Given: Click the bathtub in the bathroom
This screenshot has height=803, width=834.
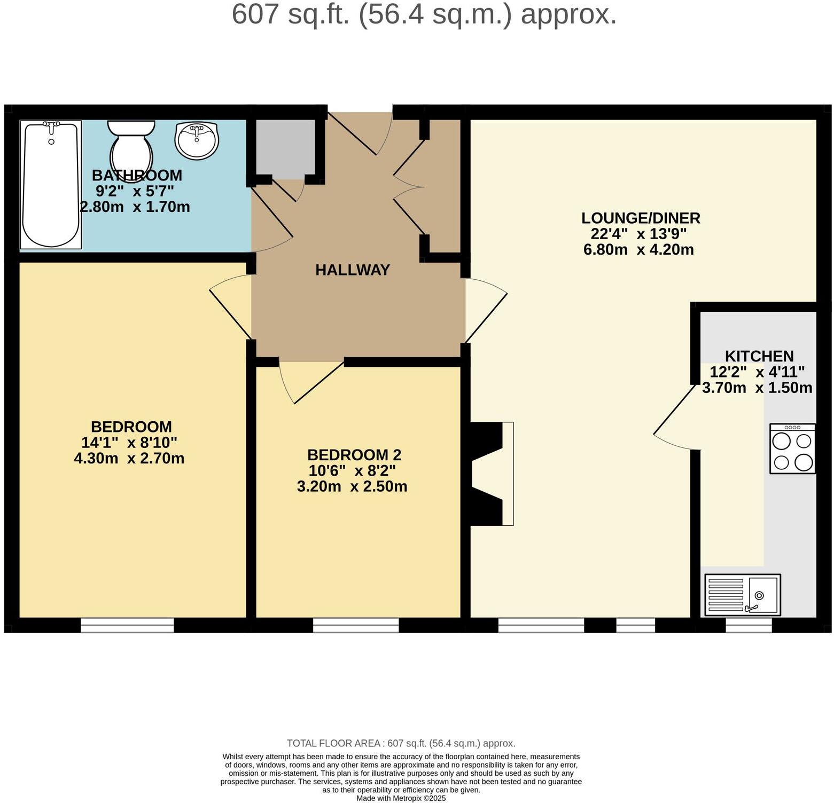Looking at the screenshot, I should click(x=51, y=184).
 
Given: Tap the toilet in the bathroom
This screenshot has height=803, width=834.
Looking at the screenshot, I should click(x=131, y=149).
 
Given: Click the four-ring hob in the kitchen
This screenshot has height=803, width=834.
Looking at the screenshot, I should click(x=792, y=448).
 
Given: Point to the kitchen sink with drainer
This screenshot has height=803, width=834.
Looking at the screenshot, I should click(x=743, y=595).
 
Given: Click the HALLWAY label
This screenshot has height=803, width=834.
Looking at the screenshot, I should click(x=353, y=270).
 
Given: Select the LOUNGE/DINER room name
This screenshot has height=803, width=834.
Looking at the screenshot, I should click(x=641, y=218).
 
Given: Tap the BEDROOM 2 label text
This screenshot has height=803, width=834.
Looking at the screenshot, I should click(x=354, y=455).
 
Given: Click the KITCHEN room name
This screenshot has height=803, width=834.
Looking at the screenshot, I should click(x=759, y=356).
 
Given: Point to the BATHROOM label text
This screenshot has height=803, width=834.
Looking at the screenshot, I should click(x=137, y=176).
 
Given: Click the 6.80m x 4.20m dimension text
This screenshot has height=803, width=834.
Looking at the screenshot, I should click(x=638, y=250).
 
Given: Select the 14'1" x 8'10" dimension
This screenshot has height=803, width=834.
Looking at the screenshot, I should click(x=129, y=443).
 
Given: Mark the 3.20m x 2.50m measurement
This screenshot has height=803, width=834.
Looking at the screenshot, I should click(x=352, y=487).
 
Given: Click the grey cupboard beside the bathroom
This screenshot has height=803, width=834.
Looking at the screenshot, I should click(x=285, y=148).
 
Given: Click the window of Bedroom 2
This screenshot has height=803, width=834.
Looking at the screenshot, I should click(x=356, y=625).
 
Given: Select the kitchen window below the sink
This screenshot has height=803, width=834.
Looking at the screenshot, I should click(x=749, y=625).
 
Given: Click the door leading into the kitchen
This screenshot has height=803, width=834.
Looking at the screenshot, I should click(x=676, y=416).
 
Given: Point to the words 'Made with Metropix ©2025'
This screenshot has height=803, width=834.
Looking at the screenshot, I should click(x=401, y=799).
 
